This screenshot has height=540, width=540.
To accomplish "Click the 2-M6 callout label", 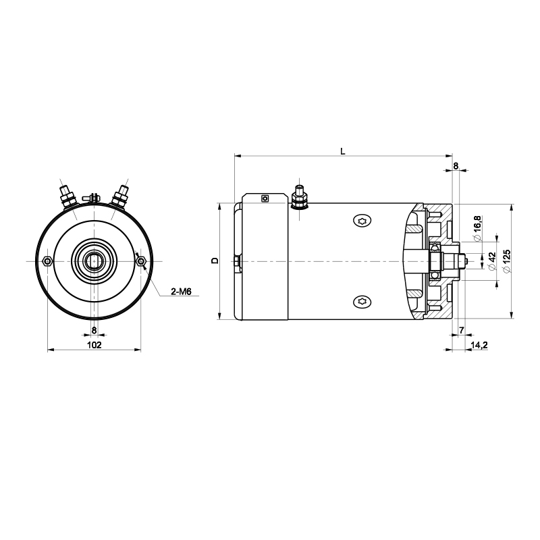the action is (181, 292).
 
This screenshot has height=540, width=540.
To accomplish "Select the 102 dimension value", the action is (94, 345).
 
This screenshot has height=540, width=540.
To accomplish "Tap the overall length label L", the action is (343, 151).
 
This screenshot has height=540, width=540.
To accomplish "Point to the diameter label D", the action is (215, 261).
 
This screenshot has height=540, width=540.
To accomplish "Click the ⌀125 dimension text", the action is (507, 262).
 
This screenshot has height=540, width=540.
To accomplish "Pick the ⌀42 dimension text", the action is (492, 262).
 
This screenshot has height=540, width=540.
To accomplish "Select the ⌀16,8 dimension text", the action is (477, 229).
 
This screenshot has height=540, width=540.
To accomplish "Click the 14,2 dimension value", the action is (479, 345).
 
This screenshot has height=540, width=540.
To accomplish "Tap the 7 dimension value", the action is (462, 330).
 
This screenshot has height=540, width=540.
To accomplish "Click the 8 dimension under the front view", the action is (94, 330).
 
